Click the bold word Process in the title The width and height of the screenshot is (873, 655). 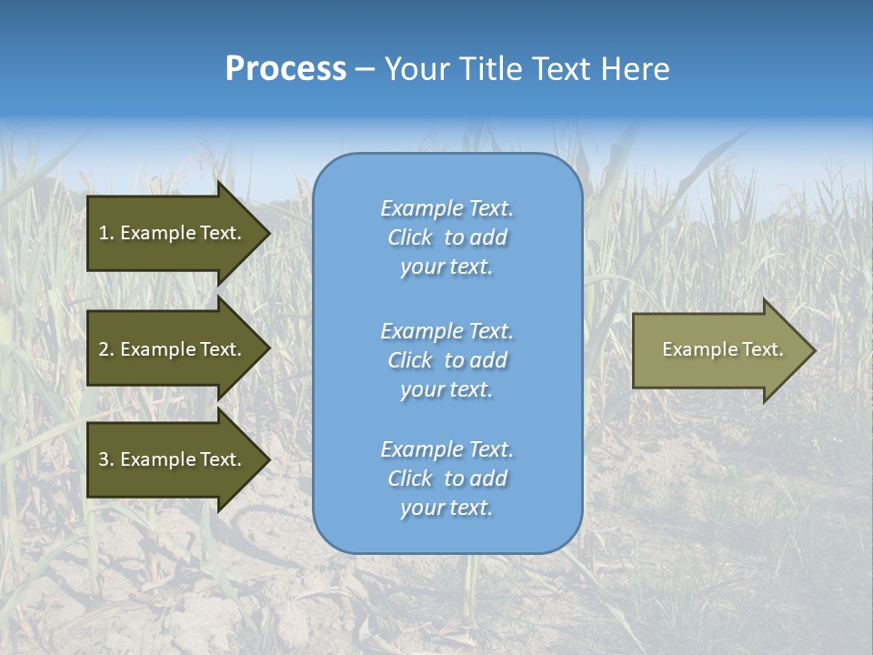[286, 69]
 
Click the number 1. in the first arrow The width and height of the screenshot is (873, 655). [106, 233]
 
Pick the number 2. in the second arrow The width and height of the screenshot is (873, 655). [106, 349]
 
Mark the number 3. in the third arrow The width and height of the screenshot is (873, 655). [106, 459]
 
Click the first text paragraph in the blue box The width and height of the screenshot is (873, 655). [447, 237]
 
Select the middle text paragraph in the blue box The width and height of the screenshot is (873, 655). [447, 360]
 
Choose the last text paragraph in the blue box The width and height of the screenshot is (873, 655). [447, 479]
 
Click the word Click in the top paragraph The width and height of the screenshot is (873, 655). [409, 237]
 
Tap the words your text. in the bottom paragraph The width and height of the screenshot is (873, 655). [447, 508]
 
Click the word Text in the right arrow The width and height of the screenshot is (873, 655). [762, 349]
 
